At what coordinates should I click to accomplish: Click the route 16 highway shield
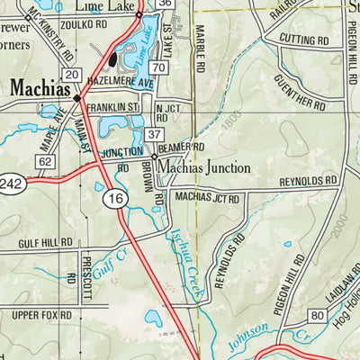112,203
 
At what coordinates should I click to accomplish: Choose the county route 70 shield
158,68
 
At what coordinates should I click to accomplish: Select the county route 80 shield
317,315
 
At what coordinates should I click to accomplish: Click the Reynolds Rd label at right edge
309,181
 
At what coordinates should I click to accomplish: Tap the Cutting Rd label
303,40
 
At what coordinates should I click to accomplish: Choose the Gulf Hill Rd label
45,243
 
